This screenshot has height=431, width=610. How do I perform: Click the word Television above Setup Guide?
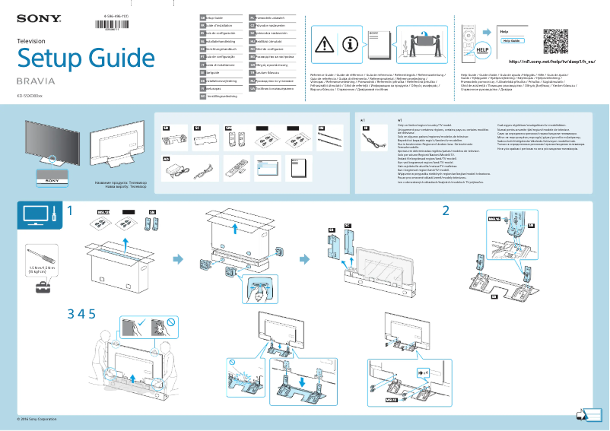pos(31,40)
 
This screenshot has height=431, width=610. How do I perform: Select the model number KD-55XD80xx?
pos(35,96)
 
